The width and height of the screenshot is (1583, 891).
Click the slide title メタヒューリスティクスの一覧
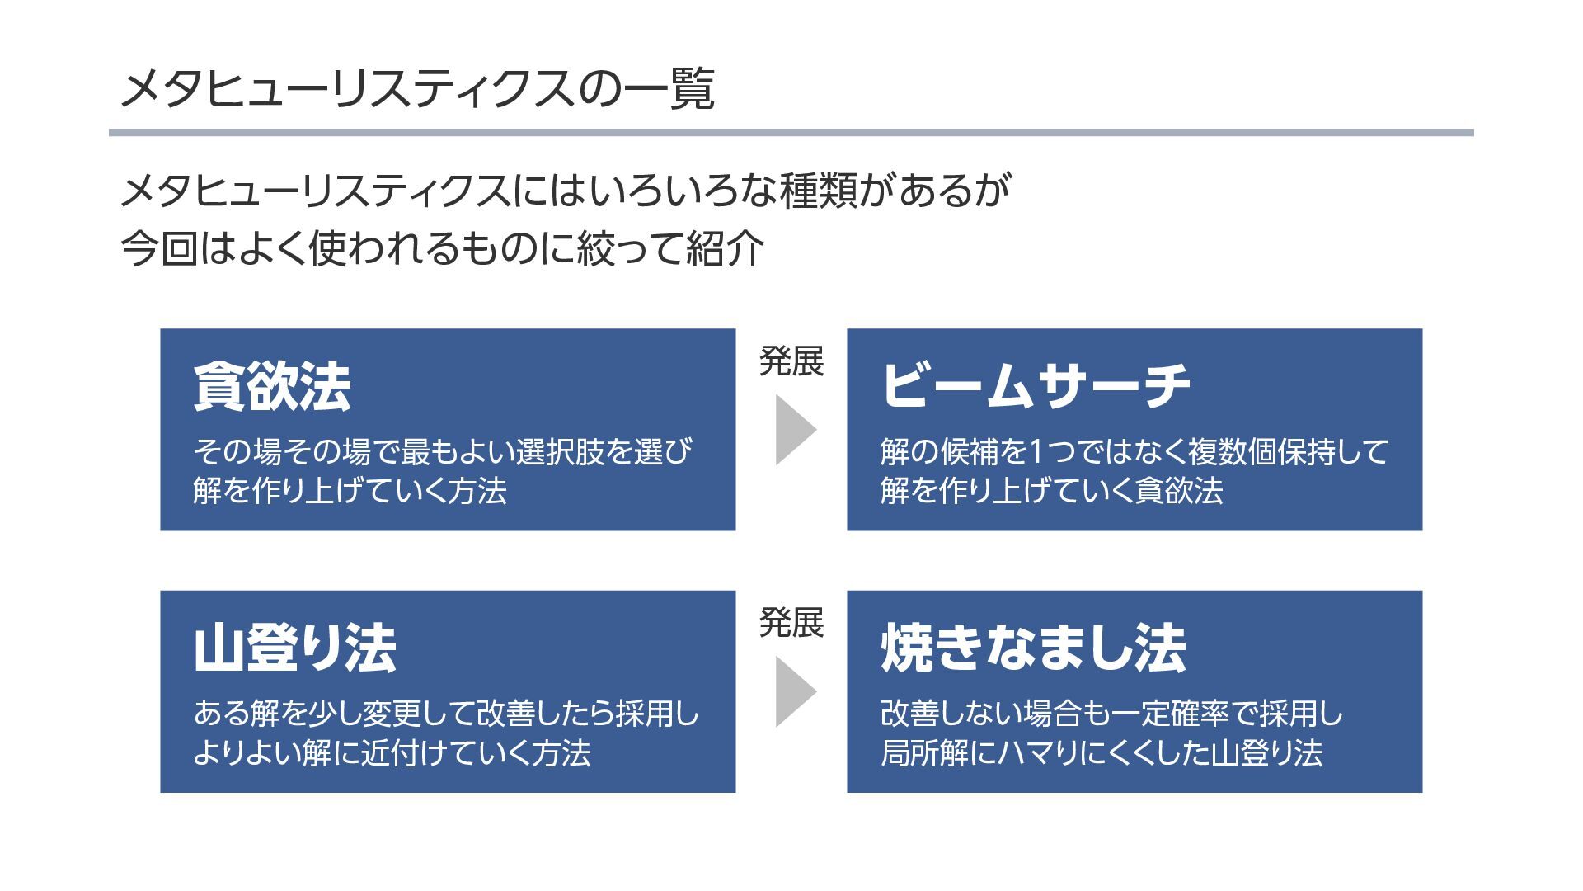coord(416,89)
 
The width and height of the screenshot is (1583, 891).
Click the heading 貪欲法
coord(272,386)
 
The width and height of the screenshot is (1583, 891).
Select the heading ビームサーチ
coord(1036,386)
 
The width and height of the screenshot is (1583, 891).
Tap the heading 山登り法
coord(294,648)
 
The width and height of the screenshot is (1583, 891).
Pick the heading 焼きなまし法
coord(1033,648)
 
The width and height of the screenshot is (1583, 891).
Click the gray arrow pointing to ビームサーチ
coord(794,430)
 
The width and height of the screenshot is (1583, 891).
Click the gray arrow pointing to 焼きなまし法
coord(794,691)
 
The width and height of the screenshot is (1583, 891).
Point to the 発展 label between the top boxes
coord(791,361)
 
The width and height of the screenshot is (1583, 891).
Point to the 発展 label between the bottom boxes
coord(791,623)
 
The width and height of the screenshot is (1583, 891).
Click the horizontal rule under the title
coord(791,132)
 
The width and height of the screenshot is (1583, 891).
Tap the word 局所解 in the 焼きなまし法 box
coord(924,753)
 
